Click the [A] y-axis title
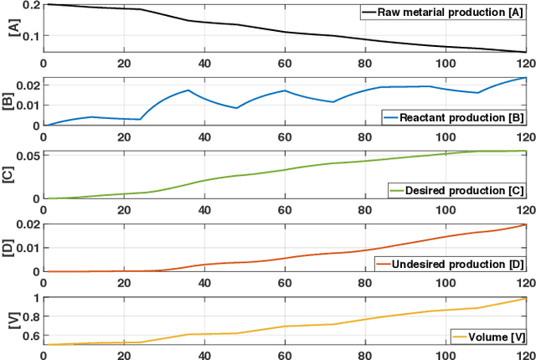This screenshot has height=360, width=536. pyautogui.click(x=9, y=28)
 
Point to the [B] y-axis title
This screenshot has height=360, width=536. pyautogui.click(x=9, y=101)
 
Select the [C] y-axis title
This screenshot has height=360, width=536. pyautogui.click(x=9, y=175)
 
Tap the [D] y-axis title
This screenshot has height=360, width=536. pyautogui.click(x=9, y=248)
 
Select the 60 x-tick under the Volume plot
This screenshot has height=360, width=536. pyautogui.click(x=285, y=354)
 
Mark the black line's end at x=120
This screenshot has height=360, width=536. pyautogui.click(x=526, y=52)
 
